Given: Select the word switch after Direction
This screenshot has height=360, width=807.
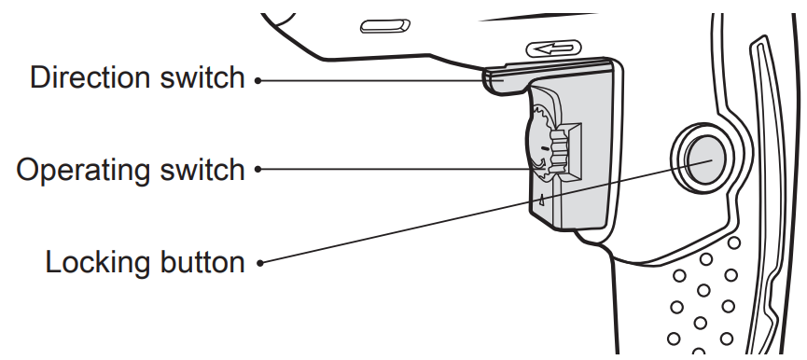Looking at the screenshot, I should (x=200, y=77).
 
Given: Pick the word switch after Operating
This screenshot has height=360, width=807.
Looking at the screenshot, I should (x=200, y=170).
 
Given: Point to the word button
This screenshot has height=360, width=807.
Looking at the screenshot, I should (x=201, y=261).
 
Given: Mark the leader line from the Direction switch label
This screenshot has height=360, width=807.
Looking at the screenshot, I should (x=373, y=80).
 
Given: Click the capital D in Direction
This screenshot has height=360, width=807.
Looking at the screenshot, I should (x=40, y=77).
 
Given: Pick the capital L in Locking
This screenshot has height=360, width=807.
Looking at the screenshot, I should (x=52, y=261).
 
